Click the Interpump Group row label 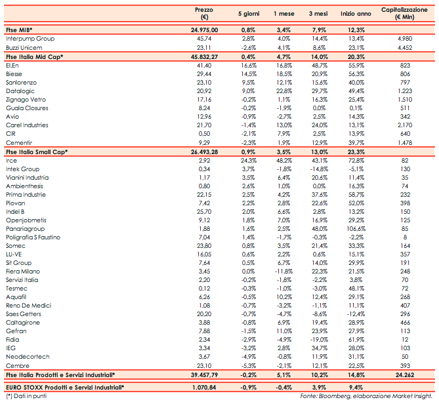30,39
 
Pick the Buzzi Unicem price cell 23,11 208,49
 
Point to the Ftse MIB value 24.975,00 205,30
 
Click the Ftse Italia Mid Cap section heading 34,58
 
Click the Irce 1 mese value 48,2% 283,159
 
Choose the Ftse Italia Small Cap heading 36,151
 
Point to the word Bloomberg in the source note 334,397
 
